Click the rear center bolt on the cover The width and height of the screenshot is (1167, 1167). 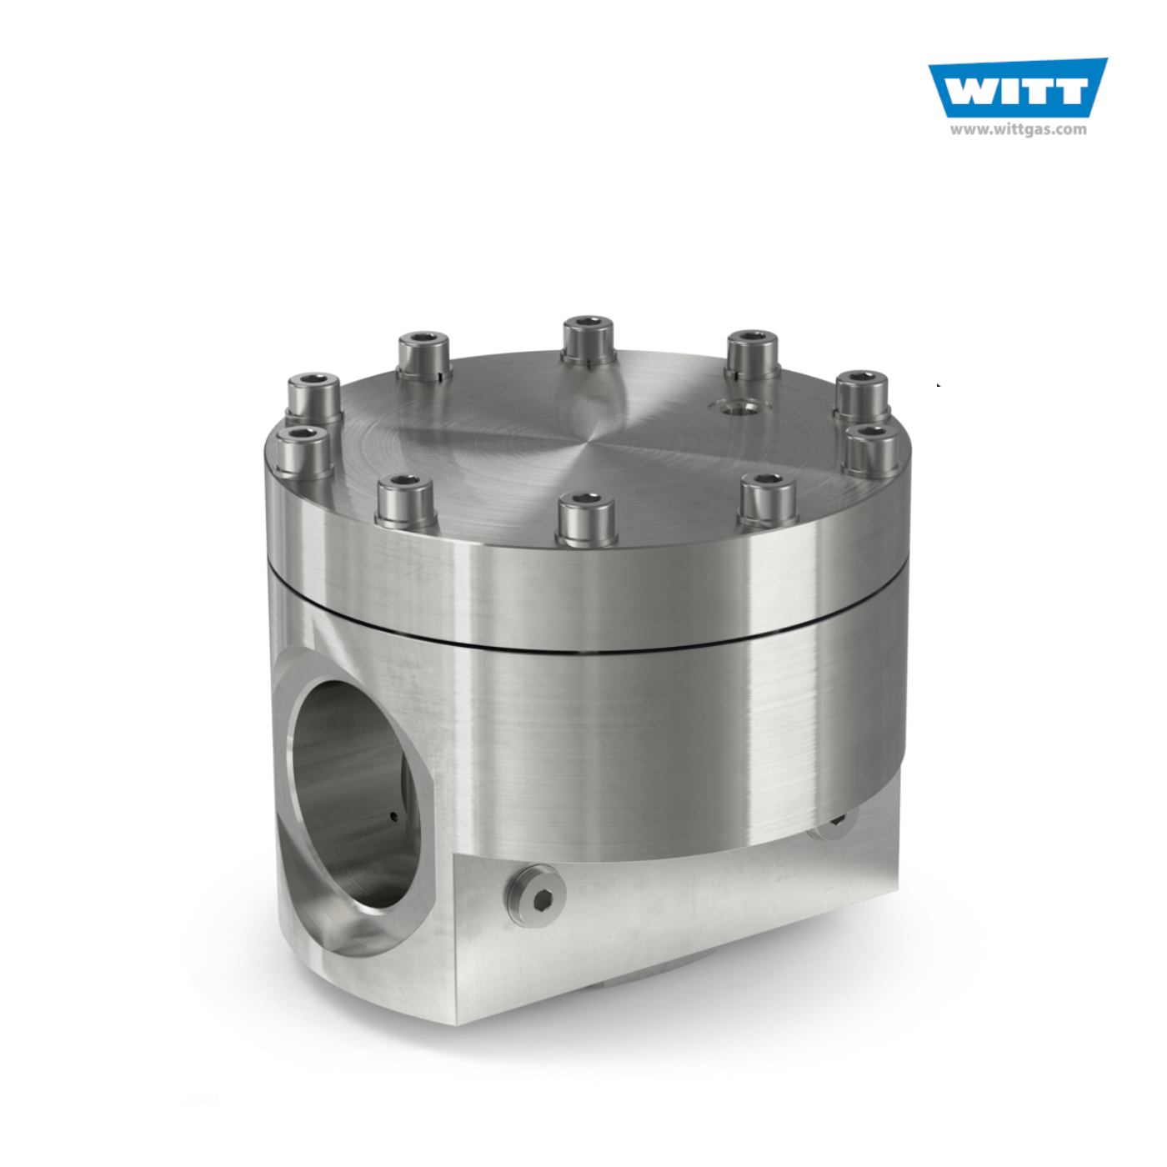588,340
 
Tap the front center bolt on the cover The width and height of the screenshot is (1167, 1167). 586,518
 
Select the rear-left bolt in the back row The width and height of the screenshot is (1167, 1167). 424,356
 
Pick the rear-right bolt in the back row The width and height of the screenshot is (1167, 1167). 752,355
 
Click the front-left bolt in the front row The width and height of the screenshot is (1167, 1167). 406,502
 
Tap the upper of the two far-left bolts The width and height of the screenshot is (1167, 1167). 313,398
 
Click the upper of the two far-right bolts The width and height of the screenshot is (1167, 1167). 862,395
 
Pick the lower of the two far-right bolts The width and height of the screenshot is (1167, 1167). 872,451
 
